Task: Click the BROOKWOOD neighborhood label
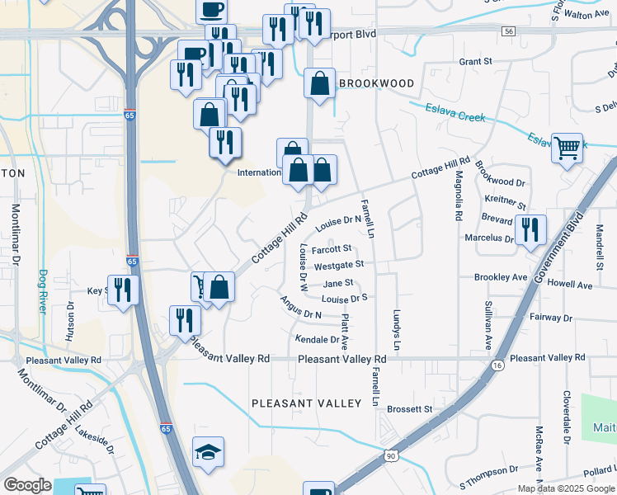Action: tap(376, 83)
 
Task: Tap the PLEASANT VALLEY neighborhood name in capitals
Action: tap(307, 403)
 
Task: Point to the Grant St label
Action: tap(475, 61)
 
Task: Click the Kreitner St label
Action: tap(506, 201)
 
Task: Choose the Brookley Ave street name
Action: tap(501, 278)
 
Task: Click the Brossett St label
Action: tap(410, 408)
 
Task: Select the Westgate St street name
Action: tap(339, 265)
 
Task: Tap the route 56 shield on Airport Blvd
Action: tap(509, 31)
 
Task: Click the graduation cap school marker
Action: tap(209, 452)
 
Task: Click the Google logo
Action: tap(27, 485)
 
